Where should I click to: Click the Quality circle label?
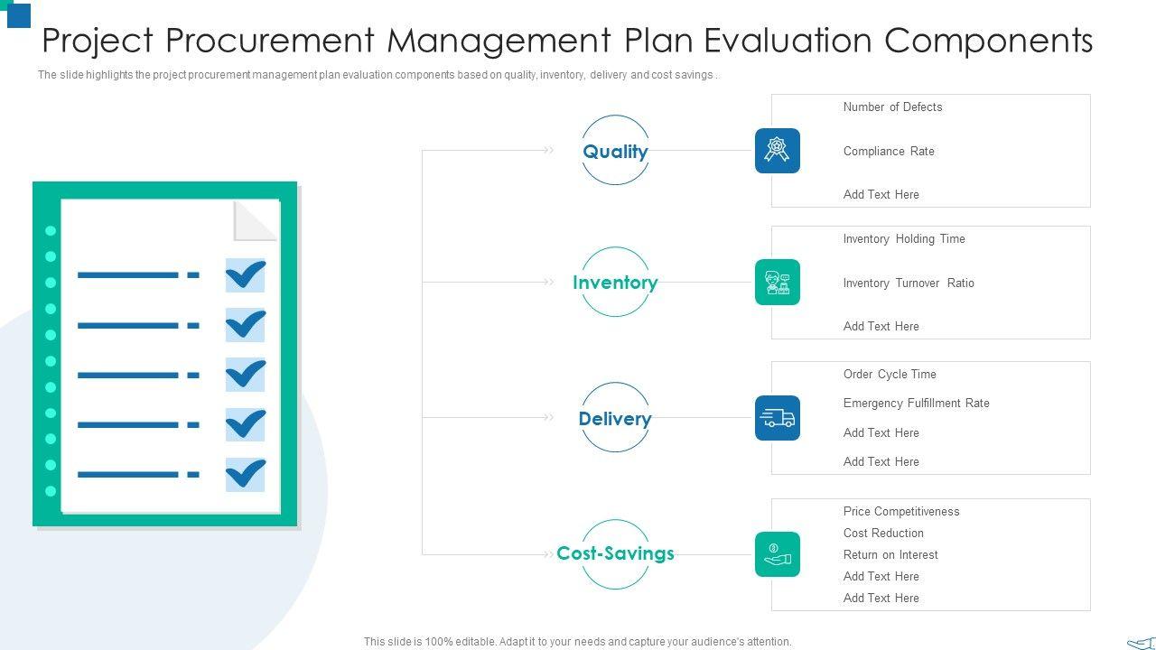click(615, 152)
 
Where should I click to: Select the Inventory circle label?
click(615, 283)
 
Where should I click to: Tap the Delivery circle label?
click(615, 419)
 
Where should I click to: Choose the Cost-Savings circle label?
click(615, 553)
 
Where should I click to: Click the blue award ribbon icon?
click(778, 151)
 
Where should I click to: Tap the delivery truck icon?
click(778, 418)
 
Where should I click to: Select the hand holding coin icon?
click(778, 554)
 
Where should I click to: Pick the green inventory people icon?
click(778, 283)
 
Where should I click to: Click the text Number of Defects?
click(892, 107)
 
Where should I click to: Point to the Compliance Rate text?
click(889, 151)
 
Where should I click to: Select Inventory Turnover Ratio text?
click(909, 283)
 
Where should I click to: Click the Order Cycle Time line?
click(890, 374)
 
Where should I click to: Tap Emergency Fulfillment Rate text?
click(916, 403)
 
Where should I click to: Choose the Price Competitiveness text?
click(901, 511)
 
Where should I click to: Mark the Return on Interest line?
click(890, 554)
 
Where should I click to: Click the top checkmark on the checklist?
click(245, 274)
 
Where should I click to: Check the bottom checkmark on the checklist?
click(245, 474)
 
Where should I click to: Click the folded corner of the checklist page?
click(256, 221)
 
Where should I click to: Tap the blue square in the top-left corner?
click(19, 14)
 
